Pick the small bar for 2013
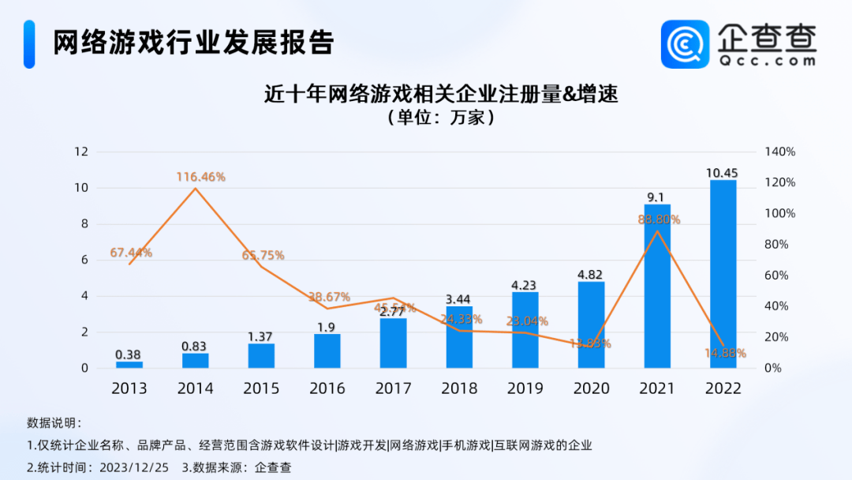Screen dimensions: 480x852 [129, 365]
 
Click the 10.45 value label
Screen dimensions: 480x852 [723, 173]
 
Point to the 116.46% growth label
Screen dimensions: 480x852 [200, 178]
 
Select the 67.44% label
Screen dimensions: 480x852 [131, 253]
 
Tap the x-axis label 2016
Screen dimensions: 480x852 [327, 388]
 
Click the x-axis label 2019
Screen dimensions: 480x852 [525, 388]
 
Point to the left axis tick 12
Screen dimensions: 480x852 [80, 152]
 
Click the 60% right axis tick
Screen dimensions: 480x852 [779, 276]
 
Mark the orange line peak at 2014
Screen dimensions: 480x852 [195, 188]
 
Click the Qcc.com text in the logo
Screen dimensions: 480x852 [767, 59]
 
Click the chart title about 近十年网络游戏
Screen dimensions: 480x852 [440, 96]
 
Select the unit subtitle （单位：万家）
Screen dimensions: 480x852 [440, 118]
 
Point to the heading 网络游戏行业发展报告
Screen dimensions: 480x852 [193, 43]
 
